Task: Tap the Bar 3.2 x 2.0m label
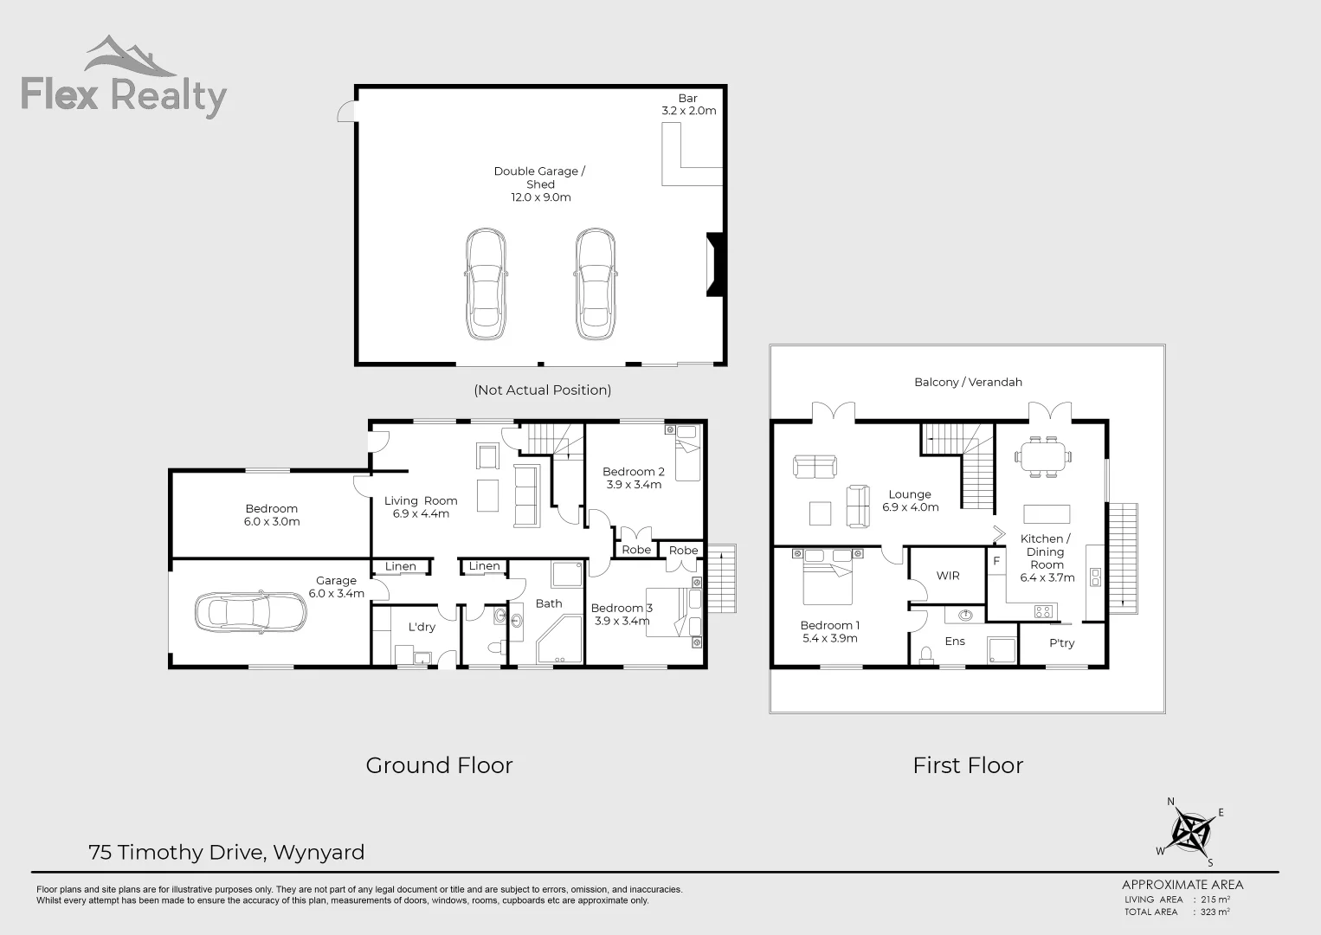pos(688,105)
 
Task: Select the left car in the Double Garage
pos(485,285)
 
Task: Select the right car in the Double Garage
pos(596,285)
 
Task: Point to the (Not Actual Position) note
pos(542,390)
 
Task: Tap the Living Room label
pos(421,507)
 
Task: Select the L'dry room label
pos(422,627)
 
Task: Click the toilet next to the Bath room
pos(495,647)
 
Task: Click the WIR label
pos(948,576)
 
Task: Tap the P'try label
pos(1061,643)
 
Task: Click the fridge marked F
pos(996,561)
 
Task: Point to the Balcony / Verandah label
pos(968,382)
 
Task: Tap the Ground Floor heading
pos(439,765)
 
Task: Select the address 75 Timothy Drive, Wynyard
pos(227,853)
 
